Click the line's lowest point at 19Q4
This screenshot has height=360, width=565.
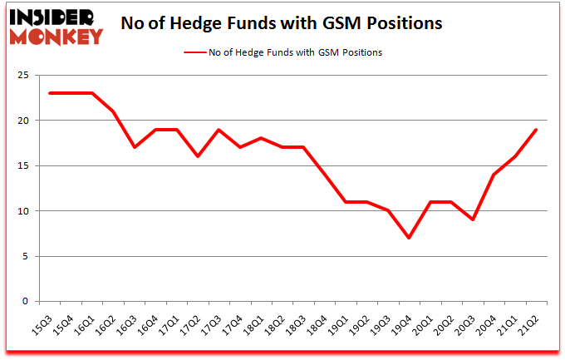tap(409, 238)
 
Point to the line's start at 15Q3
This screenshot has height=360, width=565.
tap(50, 93)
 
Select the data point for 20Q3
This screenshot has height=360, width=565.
tap(473, 219)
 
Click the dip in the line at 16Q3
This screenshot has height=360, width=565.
tap(135, 147)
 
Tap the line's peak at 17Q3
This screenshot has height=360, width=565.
tap(219, 130)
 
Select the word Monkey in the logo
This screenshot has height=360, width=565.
tap(56, 36)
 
